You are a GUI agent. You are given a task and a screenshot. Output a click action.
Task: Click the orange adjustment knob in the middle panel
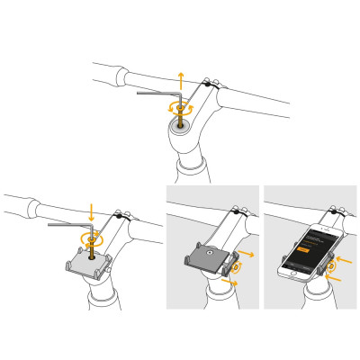[236, 268]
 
